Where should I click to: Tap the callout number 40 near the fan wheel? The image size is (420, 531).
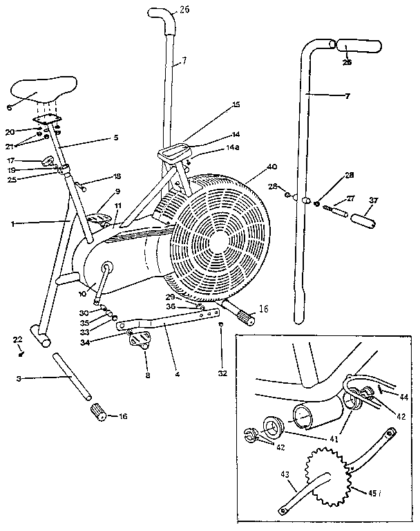pyautogui.click(x=271, y=167)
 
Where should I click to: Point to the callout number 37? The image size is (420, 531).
pyautogui.click(x=375, y=201)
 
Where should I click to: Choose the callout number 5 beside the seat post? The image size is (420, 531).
pyautogui.click(x=116, y=138)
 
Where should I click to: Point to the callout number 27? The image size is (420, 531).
pyautogui.click(x=350, y=198)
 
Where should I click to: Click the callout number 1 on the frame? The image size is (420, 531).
pyautogui.click(x=13, y=224)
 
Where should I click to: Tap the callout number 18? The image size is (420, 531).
pyautogui.click(x=117, y=177)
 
